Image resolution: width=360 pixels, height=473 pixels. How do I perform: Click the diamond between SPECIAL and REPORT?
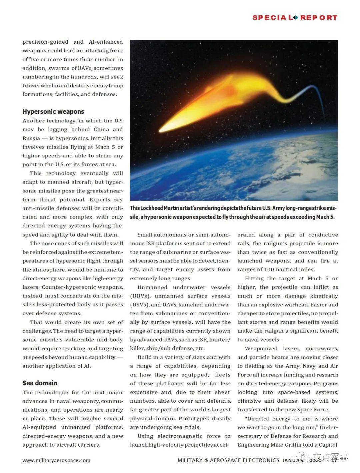[295, 17]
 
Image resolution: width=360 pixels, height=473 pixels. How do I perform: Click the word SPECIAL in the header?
[272, 18]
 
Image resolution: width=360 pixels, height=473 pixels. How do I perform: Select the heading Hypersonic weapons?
[53, 111]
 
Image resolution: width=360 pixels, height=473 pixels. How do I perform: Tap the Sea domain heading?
[40, 383]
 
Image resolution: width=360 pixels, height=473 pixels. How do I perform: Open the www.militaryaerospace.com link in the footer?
[56, 460]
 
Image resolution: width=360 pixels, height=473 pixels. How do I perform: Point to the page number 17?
[334, 460]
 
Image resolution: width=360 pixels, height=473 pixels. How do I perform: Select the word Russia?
[31, 138]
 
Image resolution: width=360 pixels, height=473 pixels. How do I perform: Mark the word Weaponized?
[261, 349]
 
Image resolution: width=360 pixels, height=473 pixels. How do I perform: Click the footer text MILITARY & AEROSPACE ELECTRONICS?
[228, 460]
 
